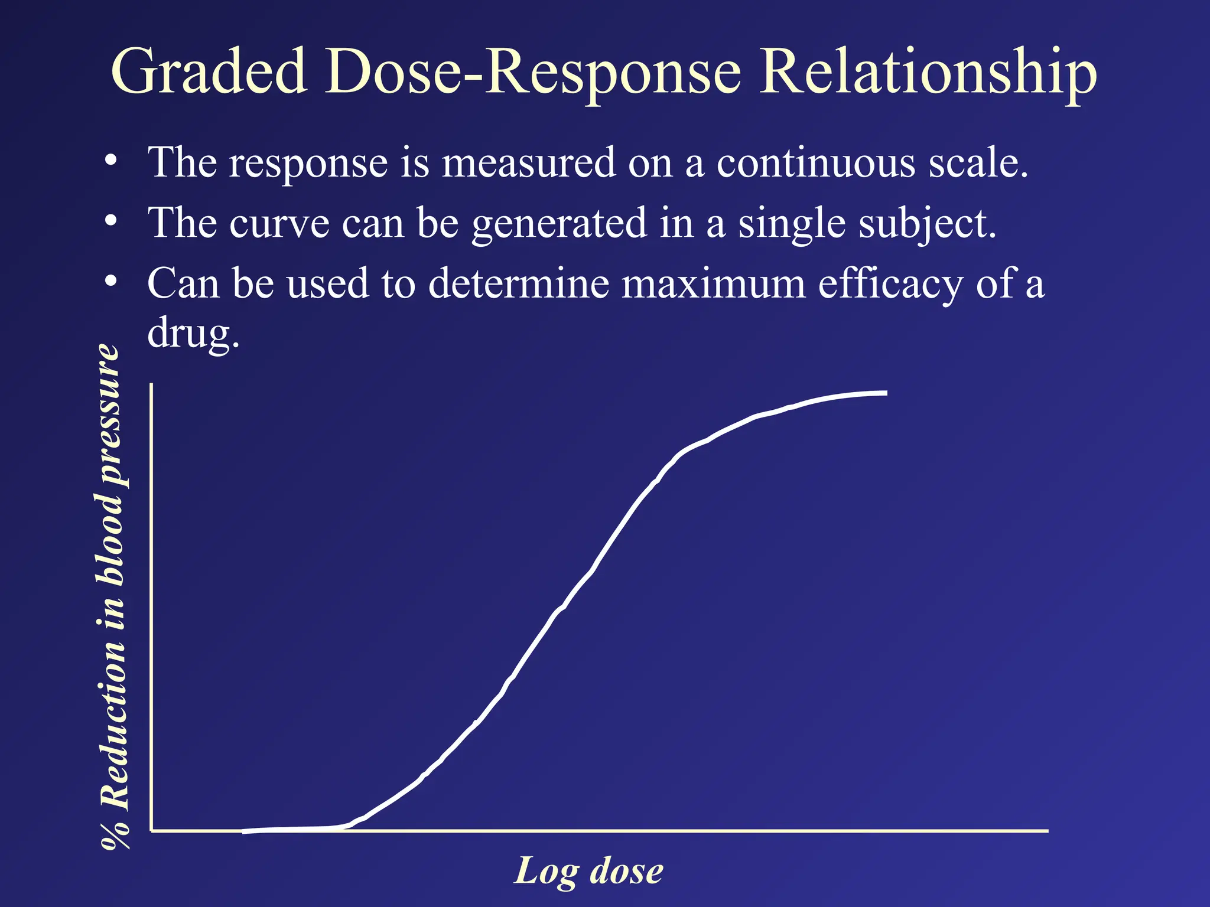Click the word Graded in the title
[209, 72]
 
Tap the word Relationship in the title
[928, 72]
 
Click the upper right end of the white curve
[886, 393]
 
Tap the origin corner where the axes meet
[152, 830]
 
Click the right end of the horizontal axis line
[1047, 830]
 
